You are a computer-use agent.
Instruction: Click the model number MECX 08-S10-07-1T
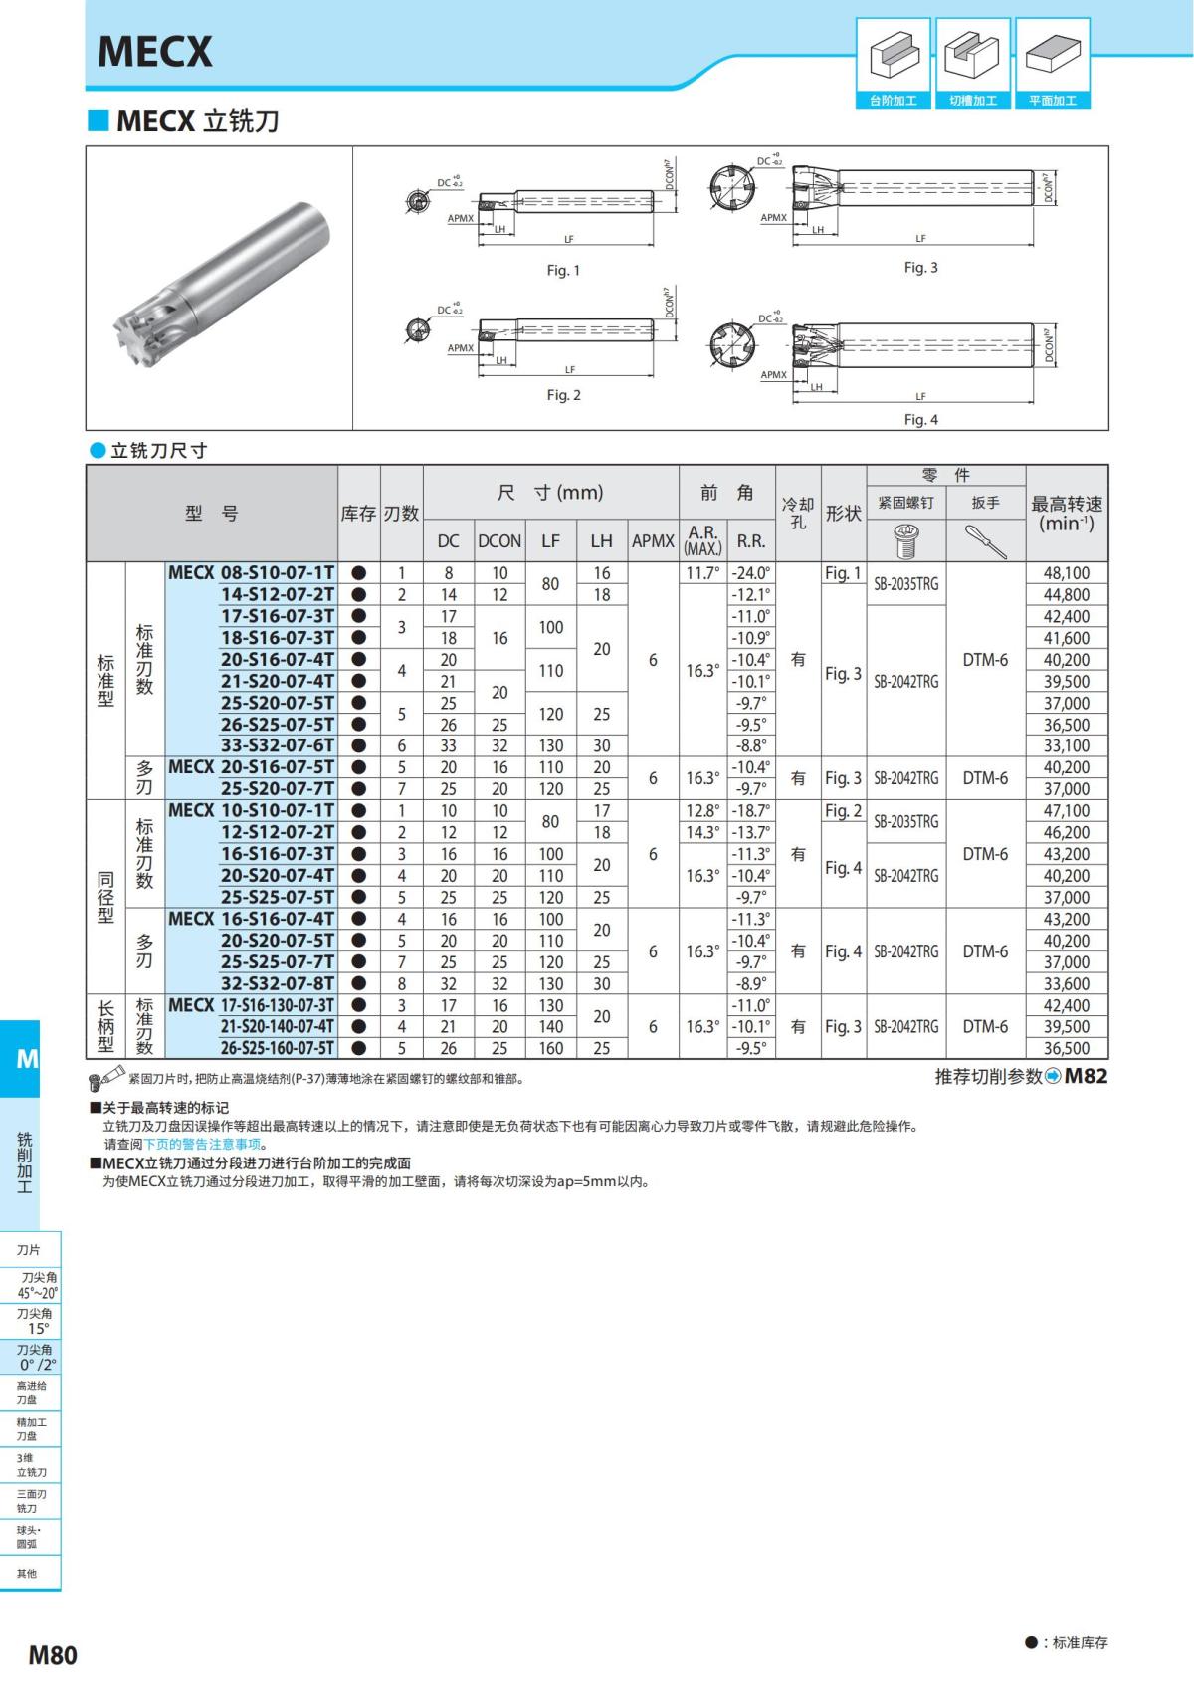coord(251,573)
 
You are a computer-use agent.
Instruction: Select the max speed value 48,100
coord(1066,573)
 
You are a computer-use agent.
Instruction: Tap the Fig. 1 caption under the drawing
coord(563,270)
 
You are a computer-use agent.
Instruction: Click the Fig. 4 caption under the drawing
coord(920,419)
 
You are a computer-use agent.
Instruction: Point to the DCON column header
coord(499,540)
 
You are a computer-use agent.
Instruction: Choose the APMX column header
coord(653,540)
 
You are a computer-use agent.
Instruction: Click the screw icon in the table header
coord(905,539)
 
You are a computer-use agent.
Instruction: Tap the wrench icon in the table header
coord(985,540)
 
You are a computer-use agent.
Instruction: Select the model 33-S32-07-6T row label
coord(278,745)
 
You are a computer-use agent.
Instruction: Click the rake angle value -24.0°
coord(750,573)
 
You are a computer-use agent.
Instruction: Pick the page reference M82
coord(1085,1076)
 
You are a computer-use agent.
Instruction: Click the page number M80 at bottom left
coord(53,1654)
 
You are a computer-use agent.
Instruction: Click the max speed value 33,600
coord(1066,983)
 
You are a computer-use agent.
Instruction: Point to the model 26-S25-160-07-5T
coord(278,1048)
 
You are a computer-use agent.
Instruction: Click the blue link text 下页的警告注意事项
coord(202,1144)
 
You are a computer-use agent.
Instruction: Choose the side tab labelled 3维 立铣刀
coord(31,1465)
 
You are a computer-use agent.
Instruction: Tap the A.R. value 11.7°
coord(702,573)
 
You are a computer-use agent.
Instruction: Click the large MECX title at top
coord(155,52)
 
